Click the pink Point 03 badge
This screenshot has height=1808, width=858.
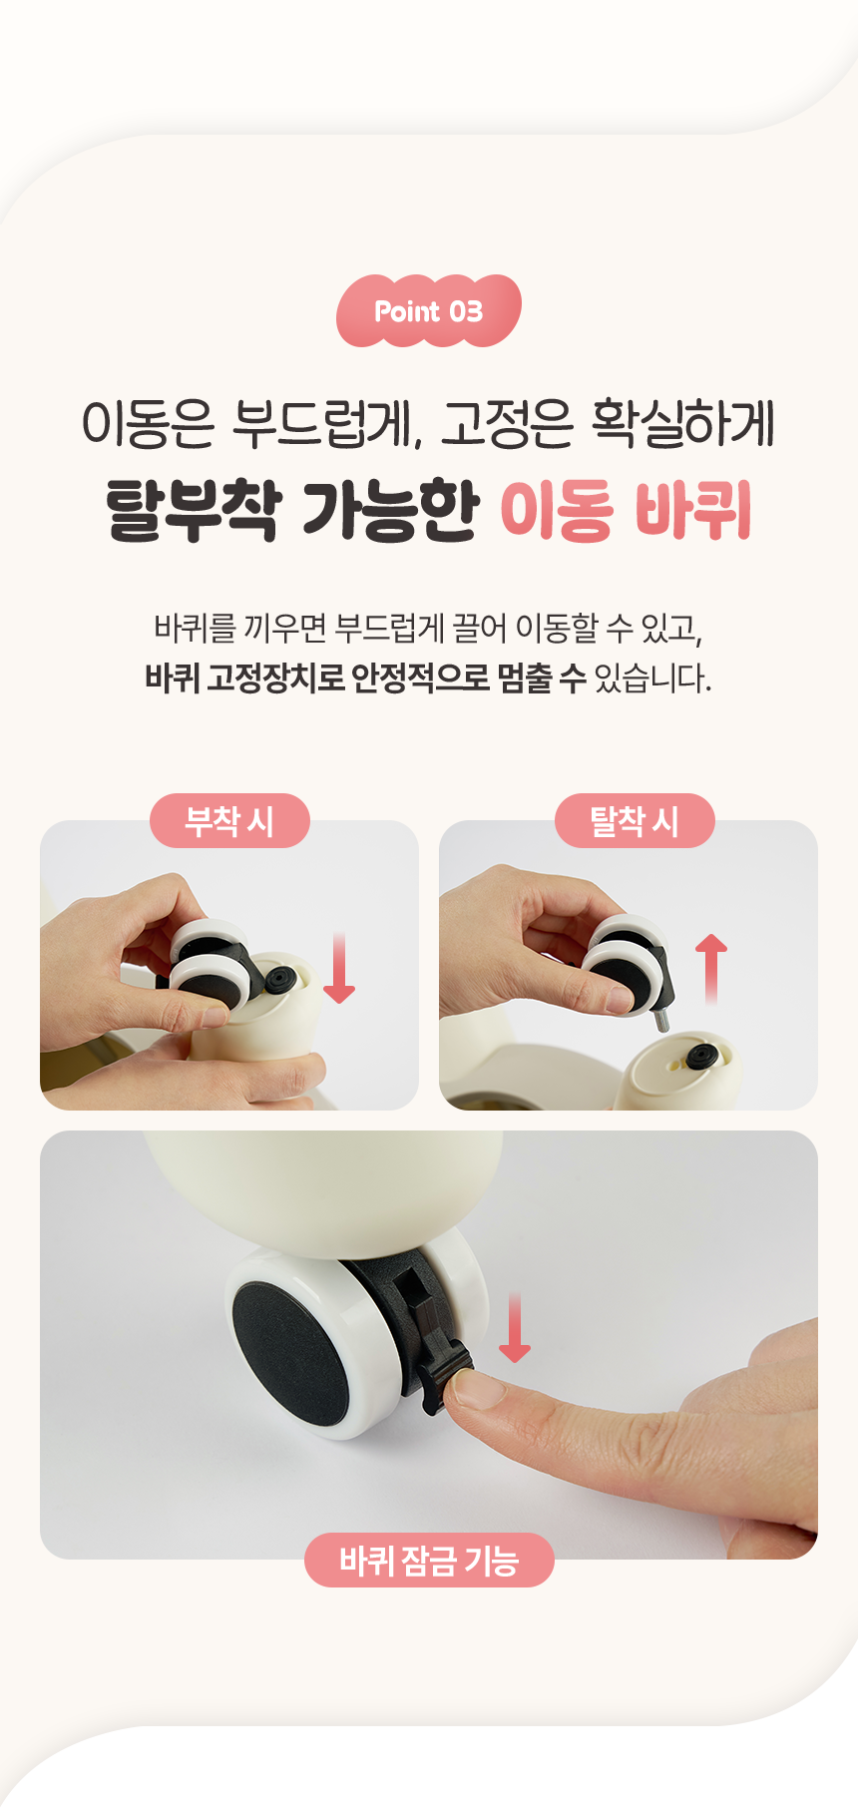click(x=429, y=311)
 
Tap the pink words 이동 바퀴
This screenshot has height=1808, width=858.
click(x=626, y=510)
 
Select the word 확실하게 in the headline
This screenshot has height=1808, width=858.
click(x=683, y=423)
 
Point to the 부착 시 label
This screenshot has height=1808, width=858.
click(x=229, y=821)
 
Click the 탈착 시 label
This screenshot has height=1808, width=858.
click(x=635, y=821)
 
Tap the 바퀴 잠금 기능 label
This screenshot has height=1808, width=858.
click(x=429, y=1560)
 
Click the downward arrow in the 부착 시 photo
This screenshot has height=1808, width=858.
click(x=339, y=968)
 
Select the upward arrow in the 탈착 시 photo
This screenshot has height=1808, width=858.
click(x=711, y=969)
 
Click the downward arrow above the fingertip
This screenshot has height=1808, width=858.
click(x=515, y=1327)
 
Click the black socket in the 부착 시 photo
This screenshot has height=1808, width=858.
click(x=279, y=981)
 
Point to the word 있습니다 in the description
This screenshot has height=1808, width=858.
click(x=652, y=678)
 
